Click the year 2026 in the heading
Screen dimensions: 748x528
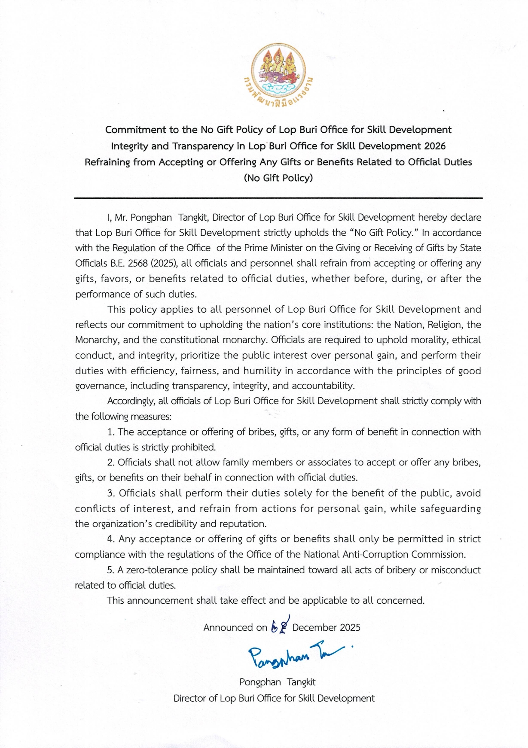pyautogui.click(x=435, y=146)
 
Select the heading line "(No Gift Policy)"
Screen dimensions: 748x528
pyautogui.click(x=278, y=178)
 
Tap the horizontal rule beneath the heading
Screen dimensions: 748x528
pyautogui.click(x=278, y=198)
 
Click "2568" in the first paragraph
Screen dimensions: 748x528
pyautogui.click(x=138, y=263)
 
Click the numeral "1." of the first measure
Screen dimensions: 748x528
pyautogui.click(x=111, y=432)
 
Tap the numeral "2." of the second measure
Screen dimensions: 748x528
pyautogui.click(x=111, y=462)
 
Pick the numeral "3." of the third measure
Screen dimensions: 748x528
pyautogui.click(x=111, y=493)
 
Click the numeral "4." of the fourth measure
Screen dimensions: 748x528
pyautogui.click(x=111, y=539)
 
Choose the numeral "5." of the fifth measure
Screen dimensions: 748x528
pyautogui.click(x=111, y=570)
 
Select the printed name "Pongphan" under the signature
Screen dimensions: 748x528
pyautogui.click(x=260, y=682)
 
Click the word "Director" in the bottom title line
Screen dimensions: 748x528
pyautogui.click(x=190, y=699)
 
